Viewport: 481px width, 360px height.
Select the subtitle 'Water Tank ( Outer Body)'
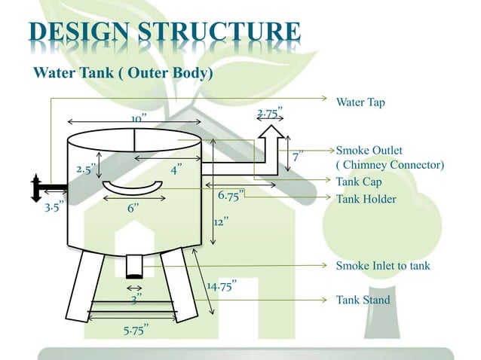click(x=123, y=73)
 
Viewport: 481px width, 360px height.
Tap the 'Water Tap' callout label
click(x=360, y=102)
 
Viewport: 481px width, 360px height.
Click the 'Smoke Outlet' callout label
click(x=369, y=151)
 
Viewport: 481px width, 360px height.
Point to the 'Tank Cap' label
click(x=359, y=182)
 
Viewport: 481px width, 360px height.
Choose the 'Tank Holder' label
click(x=366, y=199)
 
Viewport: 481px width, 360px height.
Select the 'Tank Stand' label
click(x=363, y=300)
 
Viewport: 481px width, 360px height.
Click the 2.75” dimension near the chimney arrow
click(x=270, y=114)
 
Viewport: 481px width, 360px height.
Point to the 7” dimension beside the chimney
click(x=299, y=157)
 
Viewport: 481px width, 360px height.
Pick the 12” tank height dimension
click(x=221, y=223)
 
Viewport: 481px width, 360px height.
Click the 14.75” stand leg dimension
click(x=222, y=285)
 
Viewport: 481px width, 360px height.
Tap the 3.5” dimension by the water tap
click(x=54, y=205)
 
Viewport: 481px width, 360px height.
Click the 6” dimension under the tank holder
click(x=133, y=208)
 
